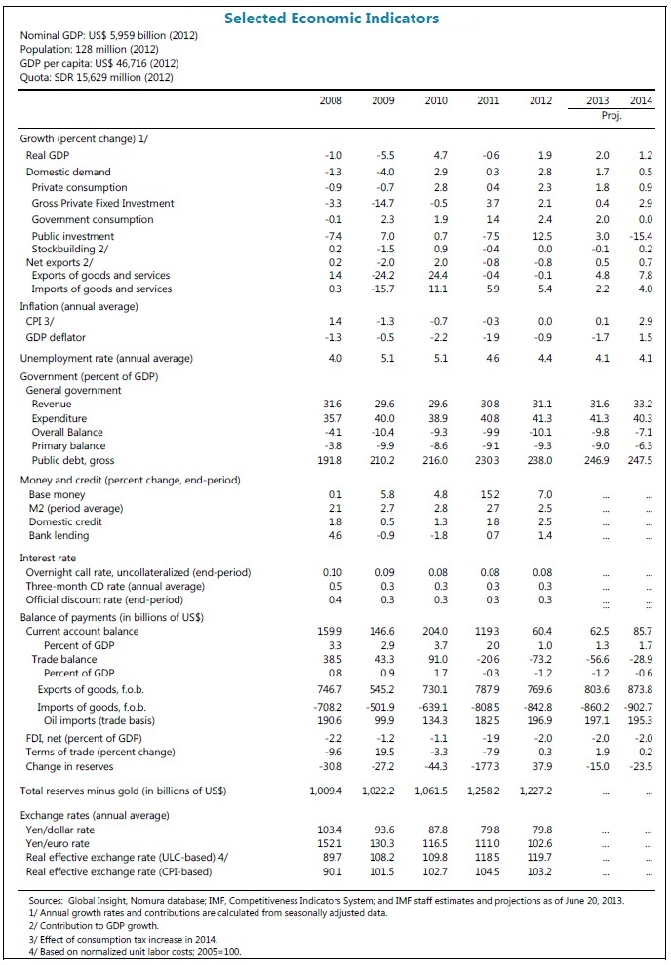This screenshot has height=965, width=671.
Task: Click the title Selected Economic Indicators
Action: point(332,18)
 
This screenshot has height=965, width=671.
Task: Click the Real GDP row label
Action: point(48,155)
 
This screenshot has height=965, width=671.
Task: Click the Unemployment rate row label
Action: point(106,358)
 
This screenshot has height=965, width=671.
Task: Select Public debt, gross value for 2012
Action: point(539,460)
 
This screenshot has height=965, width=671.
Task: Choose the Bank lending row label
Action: point(59,535)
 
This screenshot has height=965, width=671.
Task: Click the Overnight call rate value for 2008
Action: point(332,572)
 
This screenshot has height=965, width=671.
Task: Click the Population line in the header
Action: point(76,48)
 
